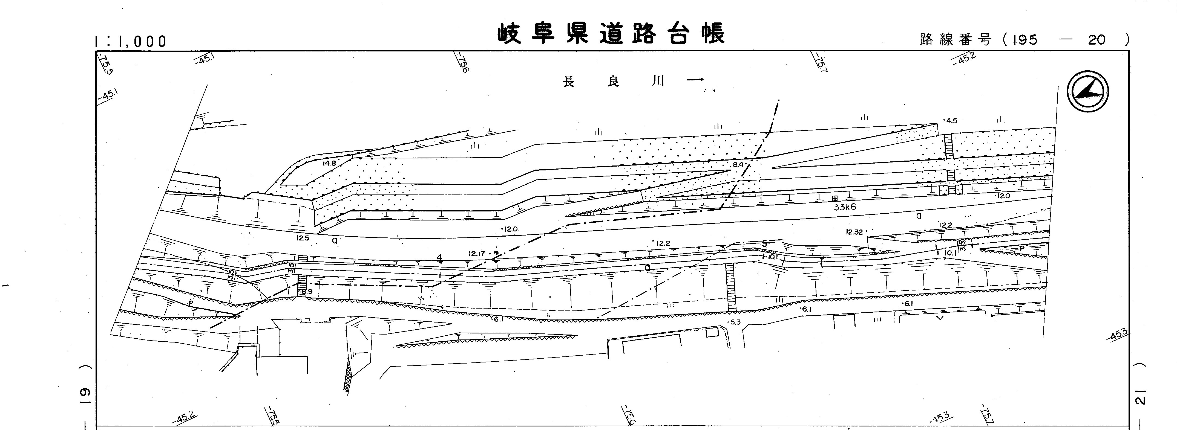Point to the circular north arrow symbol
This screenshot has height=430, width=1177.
tap(1088, 91)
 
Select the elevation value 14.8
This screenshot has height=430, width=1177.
tap(329, 163)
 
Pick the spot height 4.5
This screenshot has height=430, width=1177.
tap(951, 121)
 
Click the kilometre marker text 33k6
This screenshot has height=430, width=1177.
tap(844, 207)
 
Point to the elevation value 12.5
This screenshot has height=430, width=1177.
tap(303, 238)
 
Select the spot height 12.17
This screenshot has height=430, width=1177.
tap(477, 253)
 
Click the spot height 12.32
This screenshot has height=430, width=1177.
tap(854, 232)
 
